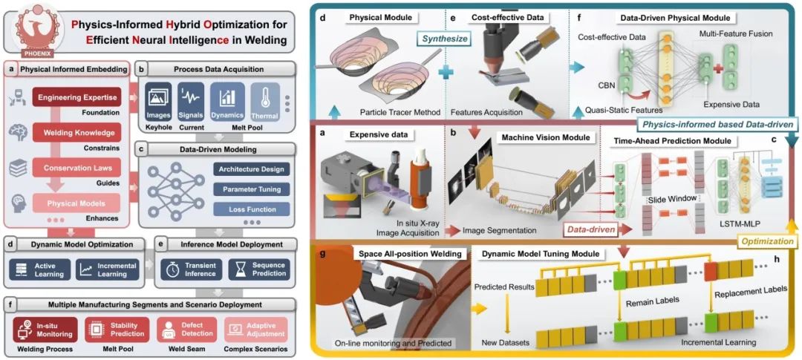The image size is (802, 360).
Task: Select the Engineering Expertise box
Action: (x=76, y=97)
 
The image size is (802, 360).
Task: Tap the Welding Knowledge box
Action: (x=76, y=132)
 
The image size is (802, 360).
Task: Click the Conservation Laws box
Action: (x=76, y=168)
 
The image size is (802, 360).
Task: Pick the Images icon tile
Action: (x=158, y=102)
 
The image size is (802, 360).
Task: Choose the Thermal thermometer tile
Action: (x=264, y=102)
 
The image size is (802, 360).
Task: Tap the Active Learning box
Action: (x=39, y=269)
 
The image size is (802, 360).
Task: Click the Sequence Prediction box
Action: (x=259, y=269)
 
